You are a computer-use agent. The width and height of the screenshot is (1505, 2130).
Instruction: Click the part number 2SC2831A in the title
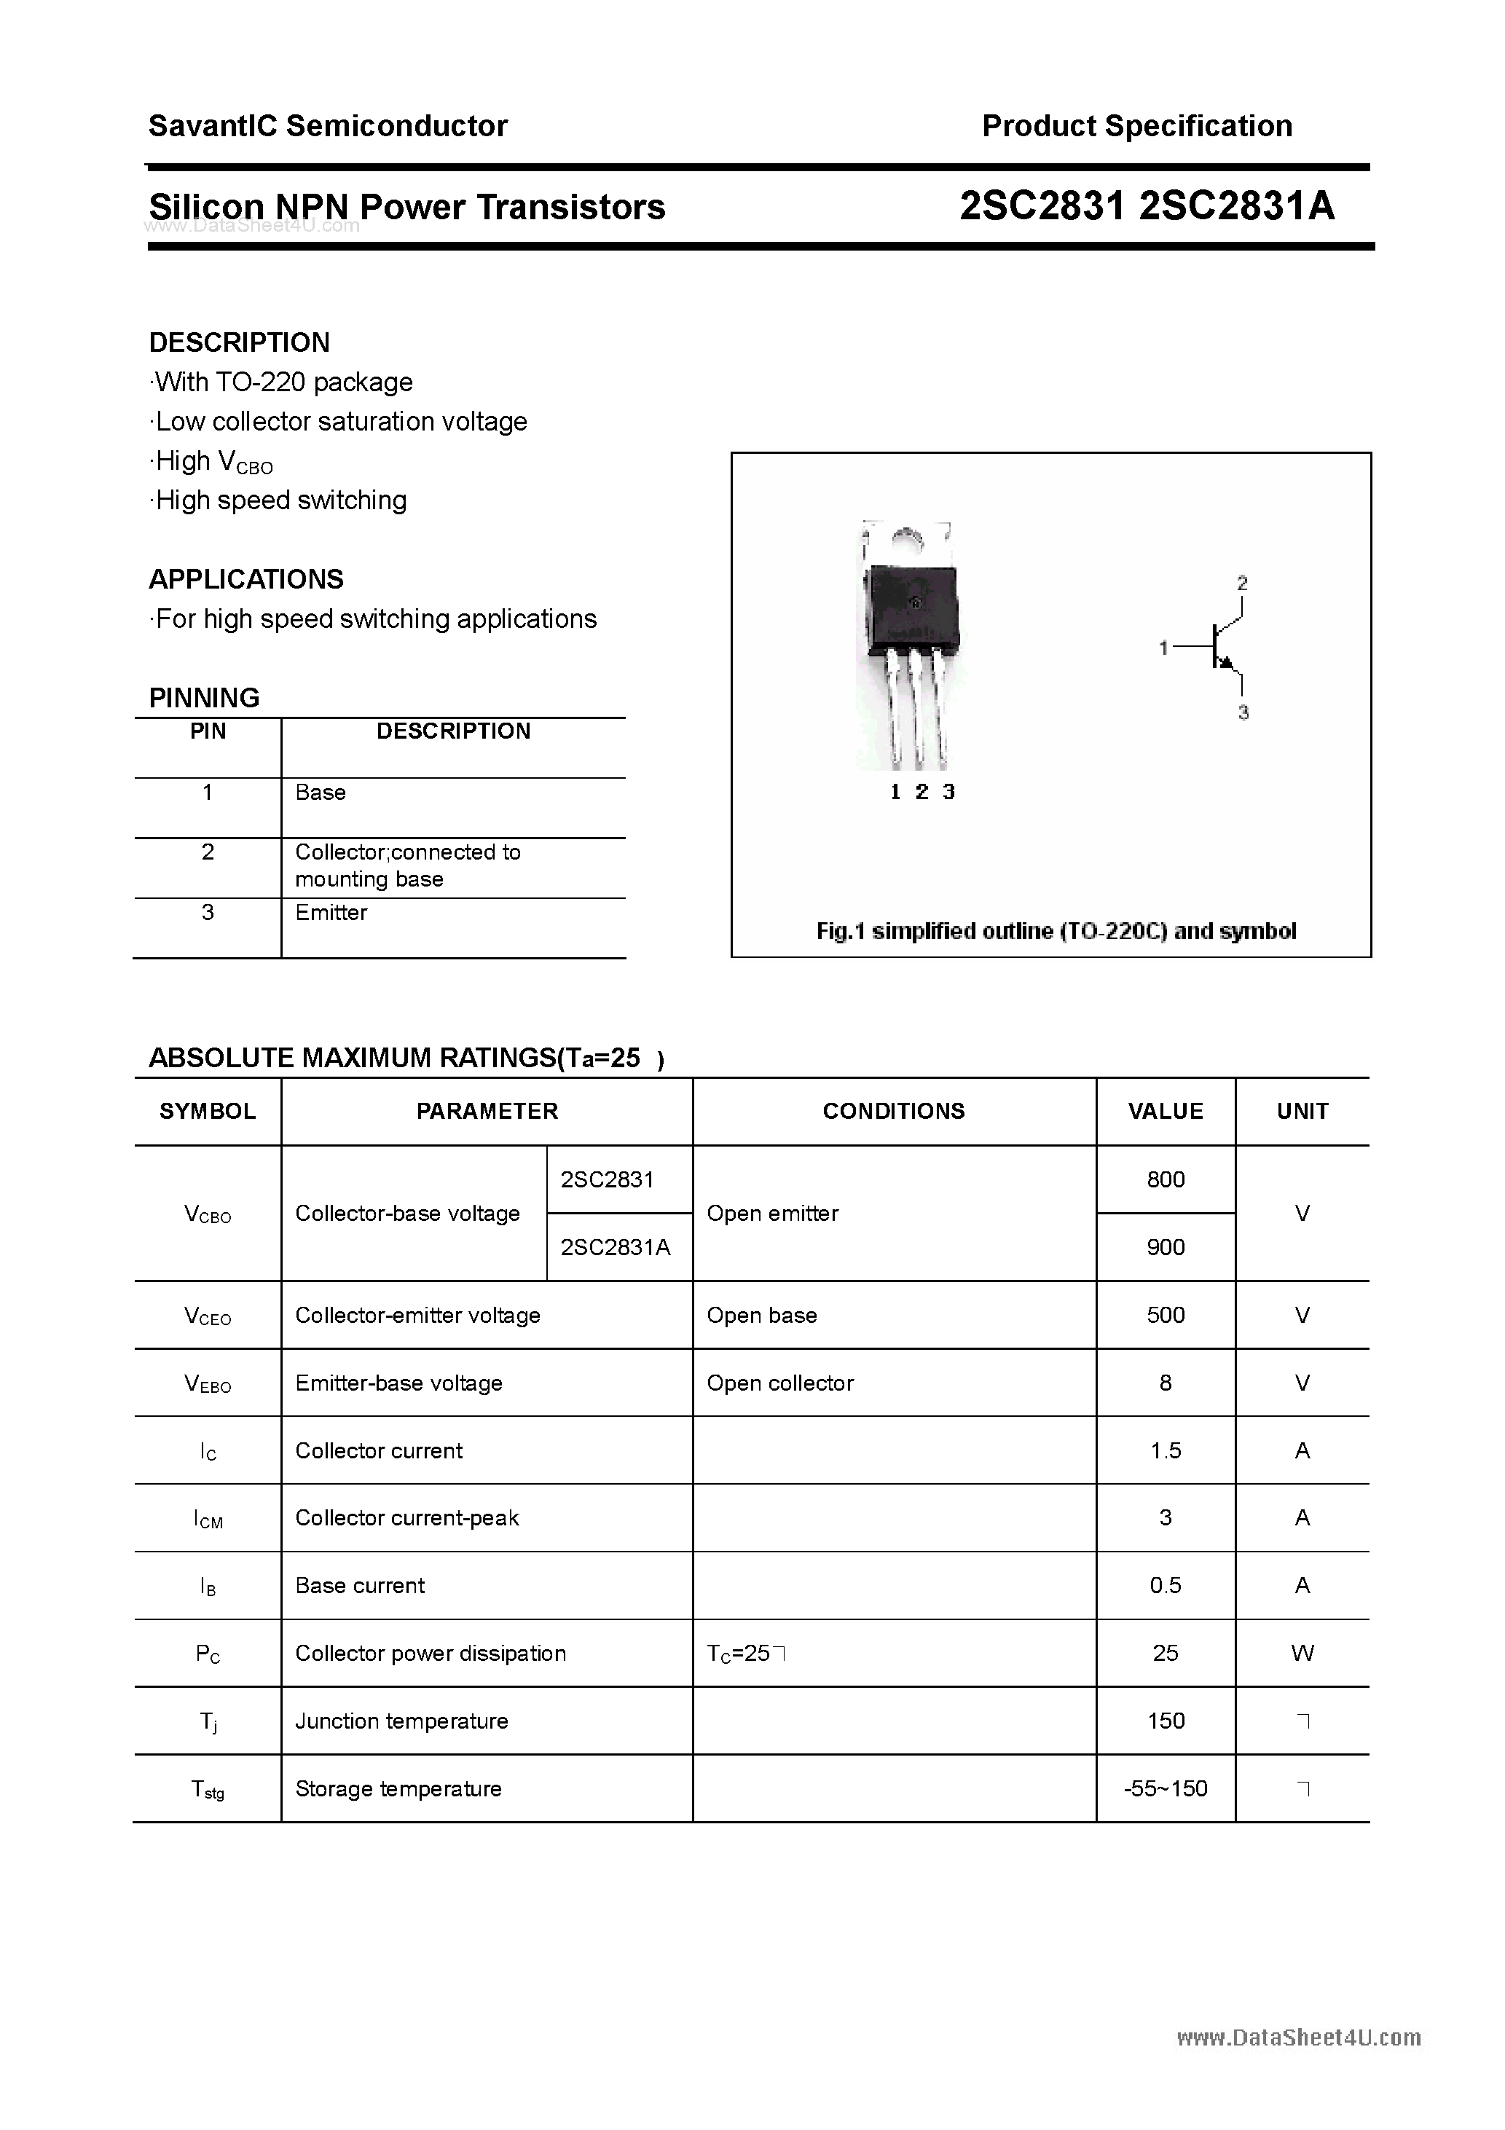click(1236, 206)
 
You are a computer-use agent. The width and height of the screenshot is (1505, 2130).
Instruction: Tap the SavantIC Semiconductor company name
click(328, 126)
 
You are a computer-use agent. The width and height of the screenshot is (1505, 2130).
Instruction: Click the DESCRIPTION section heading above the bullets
click(240, 342)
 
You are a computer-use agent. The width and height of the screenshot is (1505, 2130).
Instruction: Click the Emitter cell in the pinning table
click(331, 913)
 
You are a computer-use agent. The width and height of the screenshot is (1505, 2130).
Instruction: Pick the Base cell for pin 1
click(320, 793)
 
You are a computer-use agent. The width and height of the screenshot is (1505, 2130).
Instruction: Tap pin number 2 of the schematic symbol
click(1241, 583)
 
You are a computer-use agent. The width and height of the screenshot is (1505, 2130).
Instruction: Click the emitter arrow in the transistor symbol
click(1226, 662)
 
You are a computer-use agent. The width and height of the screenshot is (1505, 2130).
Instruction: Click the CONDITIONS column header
click(894, 1112)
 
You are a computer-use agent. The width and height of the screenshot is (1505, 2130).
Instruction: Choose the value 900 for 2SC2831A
click(1166, 1248)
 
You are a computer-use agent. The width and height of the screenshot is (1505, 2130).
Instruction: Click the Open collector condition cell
click(779, 1383)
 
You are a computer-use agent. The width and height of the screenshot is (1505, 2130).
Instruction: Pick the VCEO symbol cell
click(208, 1316)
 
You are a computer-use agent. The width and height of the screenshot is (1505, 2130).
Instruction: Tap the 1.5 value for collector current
click(1166, 1451)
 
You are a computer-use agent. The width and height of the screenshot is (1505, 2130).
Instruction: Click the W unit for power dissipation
click(1302, 1653)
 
